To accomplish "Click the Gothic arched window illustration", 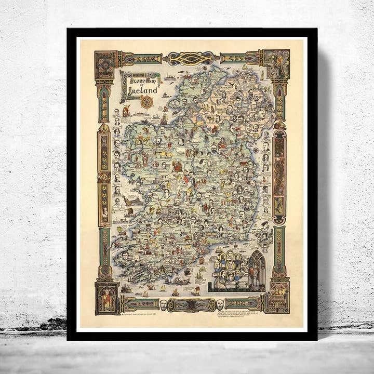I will (257, 270).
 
